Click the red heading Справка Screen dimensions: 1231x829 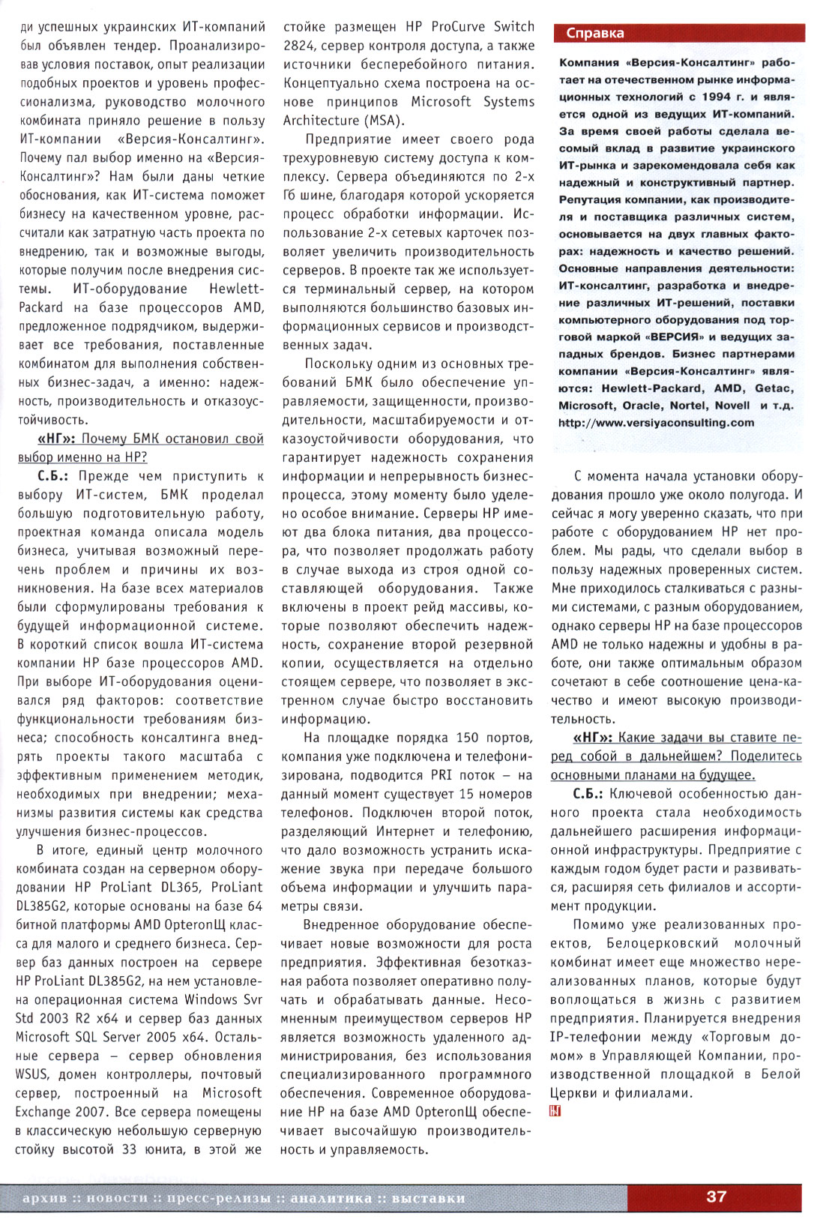tap(595, 33)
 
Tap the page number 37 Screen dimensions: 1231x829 tap(716, 1197)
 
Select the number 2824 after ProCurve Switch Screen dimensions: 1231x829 tap(298, 45)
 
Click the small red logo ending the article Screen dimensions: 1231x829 tap(555, 1111)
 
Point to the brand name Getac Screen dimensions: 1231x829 tap(773, 388)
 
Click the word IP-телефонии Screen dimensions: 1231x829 tap(596, 1037)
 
